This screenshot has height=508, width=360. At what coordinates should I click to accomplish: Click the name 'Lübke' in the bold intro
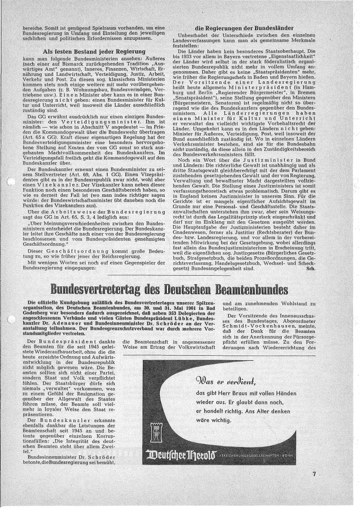(205, 318)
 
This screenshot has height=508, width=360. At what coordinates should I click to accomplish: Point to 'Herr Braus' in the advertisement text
(231, 393)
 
